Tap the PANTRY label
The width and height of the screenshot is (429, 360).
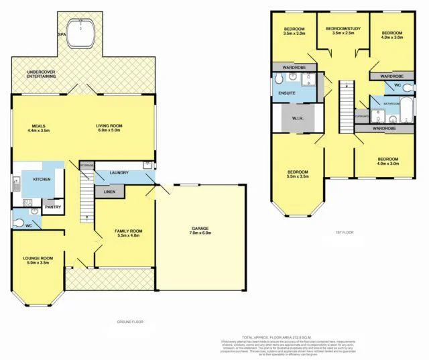click(53, 206)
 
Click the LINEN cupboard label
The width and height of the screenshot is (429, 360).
click(109, 192)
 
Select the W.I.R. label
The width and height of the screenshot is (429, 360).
click(298, 119)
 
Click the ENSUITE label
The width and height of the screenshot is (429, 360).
click(287, 93)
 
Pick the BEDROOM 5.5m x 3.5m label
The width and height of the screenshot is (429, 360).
click(298, 174)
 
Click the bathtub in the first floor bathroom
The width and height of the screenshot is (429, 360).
click(408, 105)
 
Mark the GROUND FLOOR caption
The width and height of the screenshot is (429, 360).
click(129, 322)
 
